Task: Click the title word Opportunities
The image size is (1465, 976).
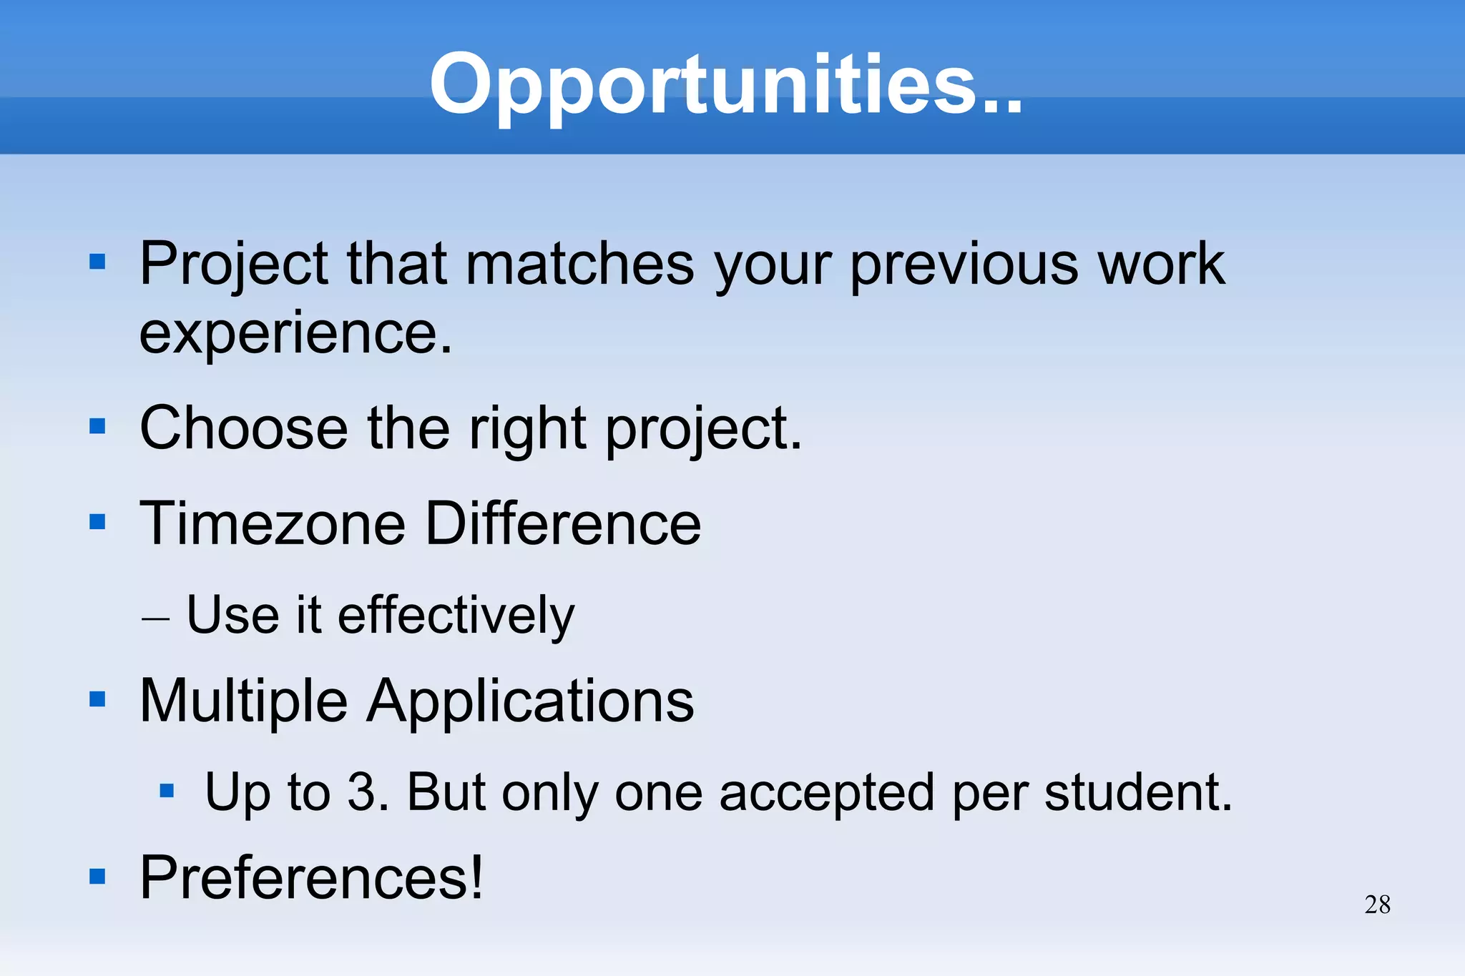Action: pyautogui.click(x=725, y=84)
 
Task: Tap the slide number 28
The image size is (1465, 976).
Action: pyautogui.click(x=1377, y=904)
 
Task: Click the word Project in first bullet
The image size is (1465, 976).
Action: pyautogui.click(x=233, y=265)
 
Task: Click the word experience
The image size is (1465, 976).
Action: pyautogui.click(x=295, y=333)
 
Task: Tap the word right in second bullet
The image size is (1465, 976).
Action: pyautogui.click(x=527, y=430)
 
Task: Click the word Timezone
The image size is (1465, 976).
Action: pyautogui.click(x=272, y=524)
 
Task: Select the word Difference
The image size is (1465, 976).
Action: pyautogui.click(x=563, y=524)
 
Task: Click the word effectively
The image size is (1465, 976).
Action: pyautogui.click(x=456, y=616)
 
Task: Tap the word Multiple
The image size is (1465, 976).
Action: pyautogui.click(x=243, y=701)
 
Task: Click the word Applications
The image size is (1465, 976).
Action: pyautogui.click(x=530, y=701)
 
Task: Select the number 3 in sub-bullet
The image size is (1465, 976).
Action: pyautogui.click(x=361, y=792)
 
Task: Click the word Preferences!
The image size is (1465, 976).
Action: pyautogui.click(x=311, y=878)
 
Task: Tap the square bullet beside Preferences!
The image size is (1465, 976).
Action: pyautogui.click(x=97, y=877)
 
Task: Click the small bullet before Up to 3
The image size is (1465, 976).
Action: pyautogui.click(x=167, y=791)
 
